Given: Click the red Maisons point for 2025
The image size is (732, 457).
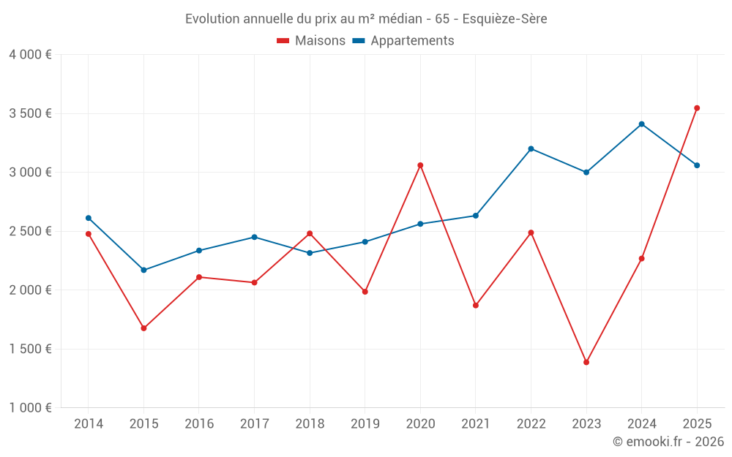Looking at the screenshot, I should coord(697,108).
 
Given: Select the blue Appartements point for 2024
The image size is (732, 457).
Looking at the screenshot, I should coord(641,124).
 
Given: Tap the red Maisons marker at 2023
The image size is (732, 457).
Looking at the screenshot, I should coord(586,362).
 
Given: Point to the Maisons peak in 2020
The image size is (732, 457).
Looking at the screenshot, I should coord(420,165).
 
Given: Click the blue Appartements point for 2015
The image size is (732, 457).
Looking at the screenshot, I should coord(143,270).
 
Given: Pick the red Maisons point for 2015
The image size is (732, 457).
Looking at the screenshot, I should coord(143,328).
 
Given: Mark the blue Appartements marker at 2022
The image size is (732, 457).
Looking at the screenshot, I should coord(531,148).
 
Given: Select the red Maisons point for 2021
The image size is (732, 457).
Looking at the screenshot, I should coord(476,305).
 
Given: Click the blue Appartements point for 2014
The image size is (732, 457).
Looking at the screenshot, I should coord(89,218).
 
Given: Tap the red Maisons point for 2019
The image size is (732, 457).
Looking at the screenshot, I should coord(365,292).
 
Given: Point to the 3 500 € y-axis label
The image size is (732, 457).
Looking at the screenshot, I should coord(30,113).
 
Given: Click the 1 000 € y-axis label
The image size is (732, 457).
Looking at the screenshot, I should coord(30,407).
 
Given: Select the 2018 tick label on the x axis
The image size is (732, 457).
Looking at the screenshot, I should coord(310,423).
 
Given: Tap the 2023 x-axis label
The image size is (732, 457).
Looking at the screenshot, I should coord(586,423).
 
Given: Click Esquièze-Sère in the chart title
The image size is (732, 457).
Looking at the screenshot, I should coord(504,18).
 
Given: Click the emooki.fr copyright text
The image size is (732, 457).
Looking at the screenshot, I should coord(668,442).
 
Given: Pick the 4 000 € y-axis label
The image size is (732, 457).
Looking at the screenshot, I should coord(30,55).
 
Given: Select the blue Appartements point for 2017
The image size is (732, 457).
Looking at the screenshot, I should coord(254,237).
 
